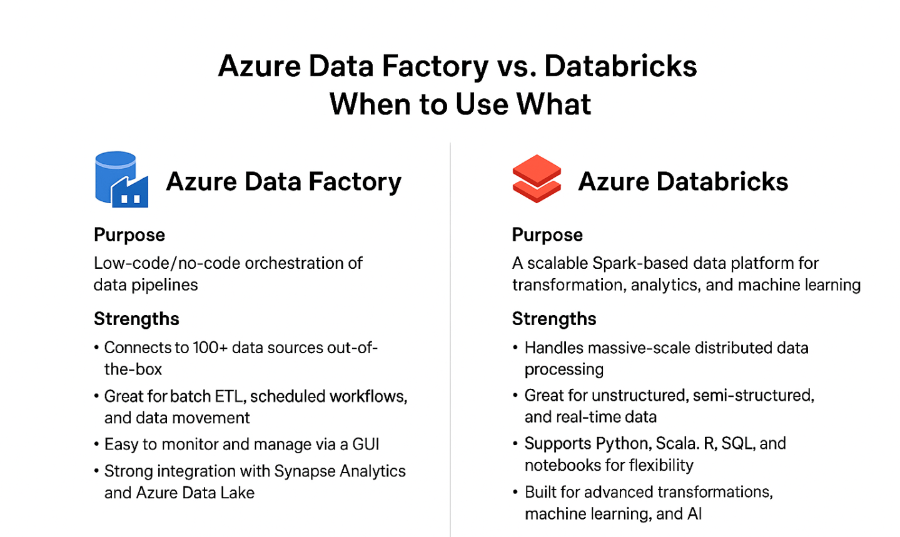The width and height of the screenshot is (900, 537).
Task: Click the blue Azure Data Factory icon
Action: tap(121, 179)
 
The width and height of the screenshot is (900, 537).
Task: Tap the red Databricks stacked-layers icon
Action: tap(536, 179)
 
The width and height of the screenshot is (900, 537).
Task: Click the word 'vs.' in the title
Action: tap(517, 66)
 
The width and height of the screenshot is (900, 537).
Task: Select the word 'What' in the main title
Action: tap(550, 104)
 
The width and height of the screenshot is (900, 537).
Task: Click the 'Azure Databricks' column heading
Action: tap(682, 182)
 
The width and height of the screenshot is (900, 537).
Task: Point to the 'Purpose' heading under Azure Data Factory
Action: tap(129, 235)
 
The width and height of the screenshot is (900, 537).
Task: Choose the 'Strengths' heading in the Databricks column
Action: tap(554, 319)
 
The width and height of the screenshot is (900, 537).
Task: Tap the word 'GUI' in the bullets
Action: tap(366, 444)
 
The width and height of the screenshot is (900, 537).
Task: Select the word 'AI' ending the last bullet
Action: tap(694, 514)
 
